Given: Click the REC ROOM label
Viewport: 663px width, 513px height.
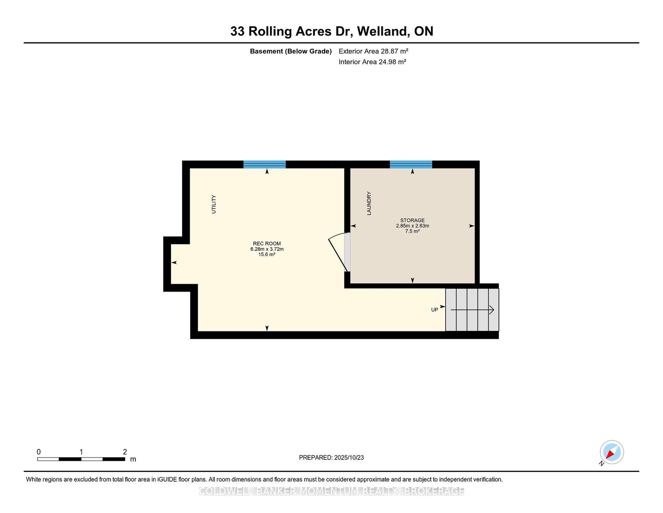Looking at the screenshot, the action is [x=267, y=244].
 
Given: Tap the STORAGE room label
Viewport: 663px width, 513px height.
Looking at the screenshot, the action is [x=412, y=220].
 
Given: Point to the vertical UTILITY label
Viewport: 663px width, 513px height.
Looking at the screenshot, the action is [x=214, y=204].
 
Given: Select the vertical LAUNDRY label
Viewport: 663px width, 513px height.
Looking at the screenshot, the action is [x=369, y=203].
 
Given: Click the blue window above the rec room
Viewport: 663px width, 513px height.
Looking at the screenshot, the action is [x=264, y=165].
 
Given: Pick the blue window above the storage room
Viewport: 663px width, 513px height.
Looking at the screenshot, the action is [x=411, y=165].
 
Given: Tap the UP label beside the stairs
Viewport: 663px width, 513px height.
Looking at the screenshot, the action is [x=434, y=310].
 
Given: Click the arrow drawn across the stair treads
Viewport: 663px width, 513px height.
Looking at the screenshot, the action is [x=472, y=310].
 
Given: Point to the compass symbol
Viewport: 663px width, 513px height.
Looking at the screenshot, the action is [x=611, y=452].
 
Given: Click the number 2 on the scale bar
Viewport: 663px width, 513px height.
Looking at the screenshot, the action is [x=125, y=452].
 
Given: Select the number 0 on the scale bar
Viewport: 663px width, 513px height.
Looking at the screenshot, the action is [x=39, y=452].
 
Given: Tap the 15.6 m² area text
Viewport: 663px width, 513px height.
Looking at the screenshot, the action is [x=267, y=254].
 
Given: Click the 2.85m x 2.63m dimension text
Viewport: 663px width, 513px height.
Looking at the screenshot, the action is [x=413, y=226].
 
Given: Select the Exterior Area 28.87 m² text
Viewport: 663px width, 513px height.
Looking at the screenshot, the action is [x=373, y=51].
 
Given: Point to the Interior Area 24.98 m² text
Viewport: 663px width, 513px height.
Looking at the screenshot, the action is [x=372, y=62].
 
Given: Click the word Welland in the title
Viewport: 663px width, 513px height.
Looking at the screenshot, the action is [x=383, y=32].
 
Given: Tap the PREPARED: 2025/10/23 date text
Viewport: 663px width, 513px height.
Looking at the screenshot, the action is [x=331, y=457].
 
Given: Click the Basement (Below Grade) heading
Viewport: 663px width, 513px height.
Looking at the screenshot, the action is [x=291, y=51].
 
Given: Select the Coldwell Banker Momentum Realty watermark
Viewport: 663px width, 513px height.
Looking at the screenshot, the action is [x=331, y=491].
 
